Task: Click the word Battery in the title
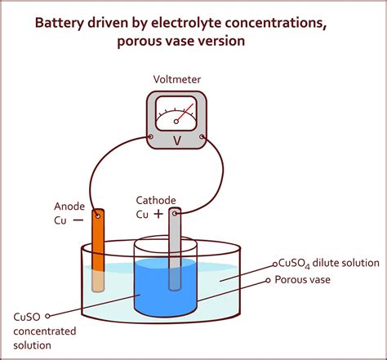[63, 22]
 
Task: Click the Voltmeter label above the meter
[176, 79]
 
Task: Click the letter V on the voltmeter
[176, 140]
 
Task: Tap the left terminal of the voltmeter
[153, 138]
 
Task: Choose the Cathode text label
[156, 199]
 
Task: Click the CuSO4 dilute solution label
[327, 263]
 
